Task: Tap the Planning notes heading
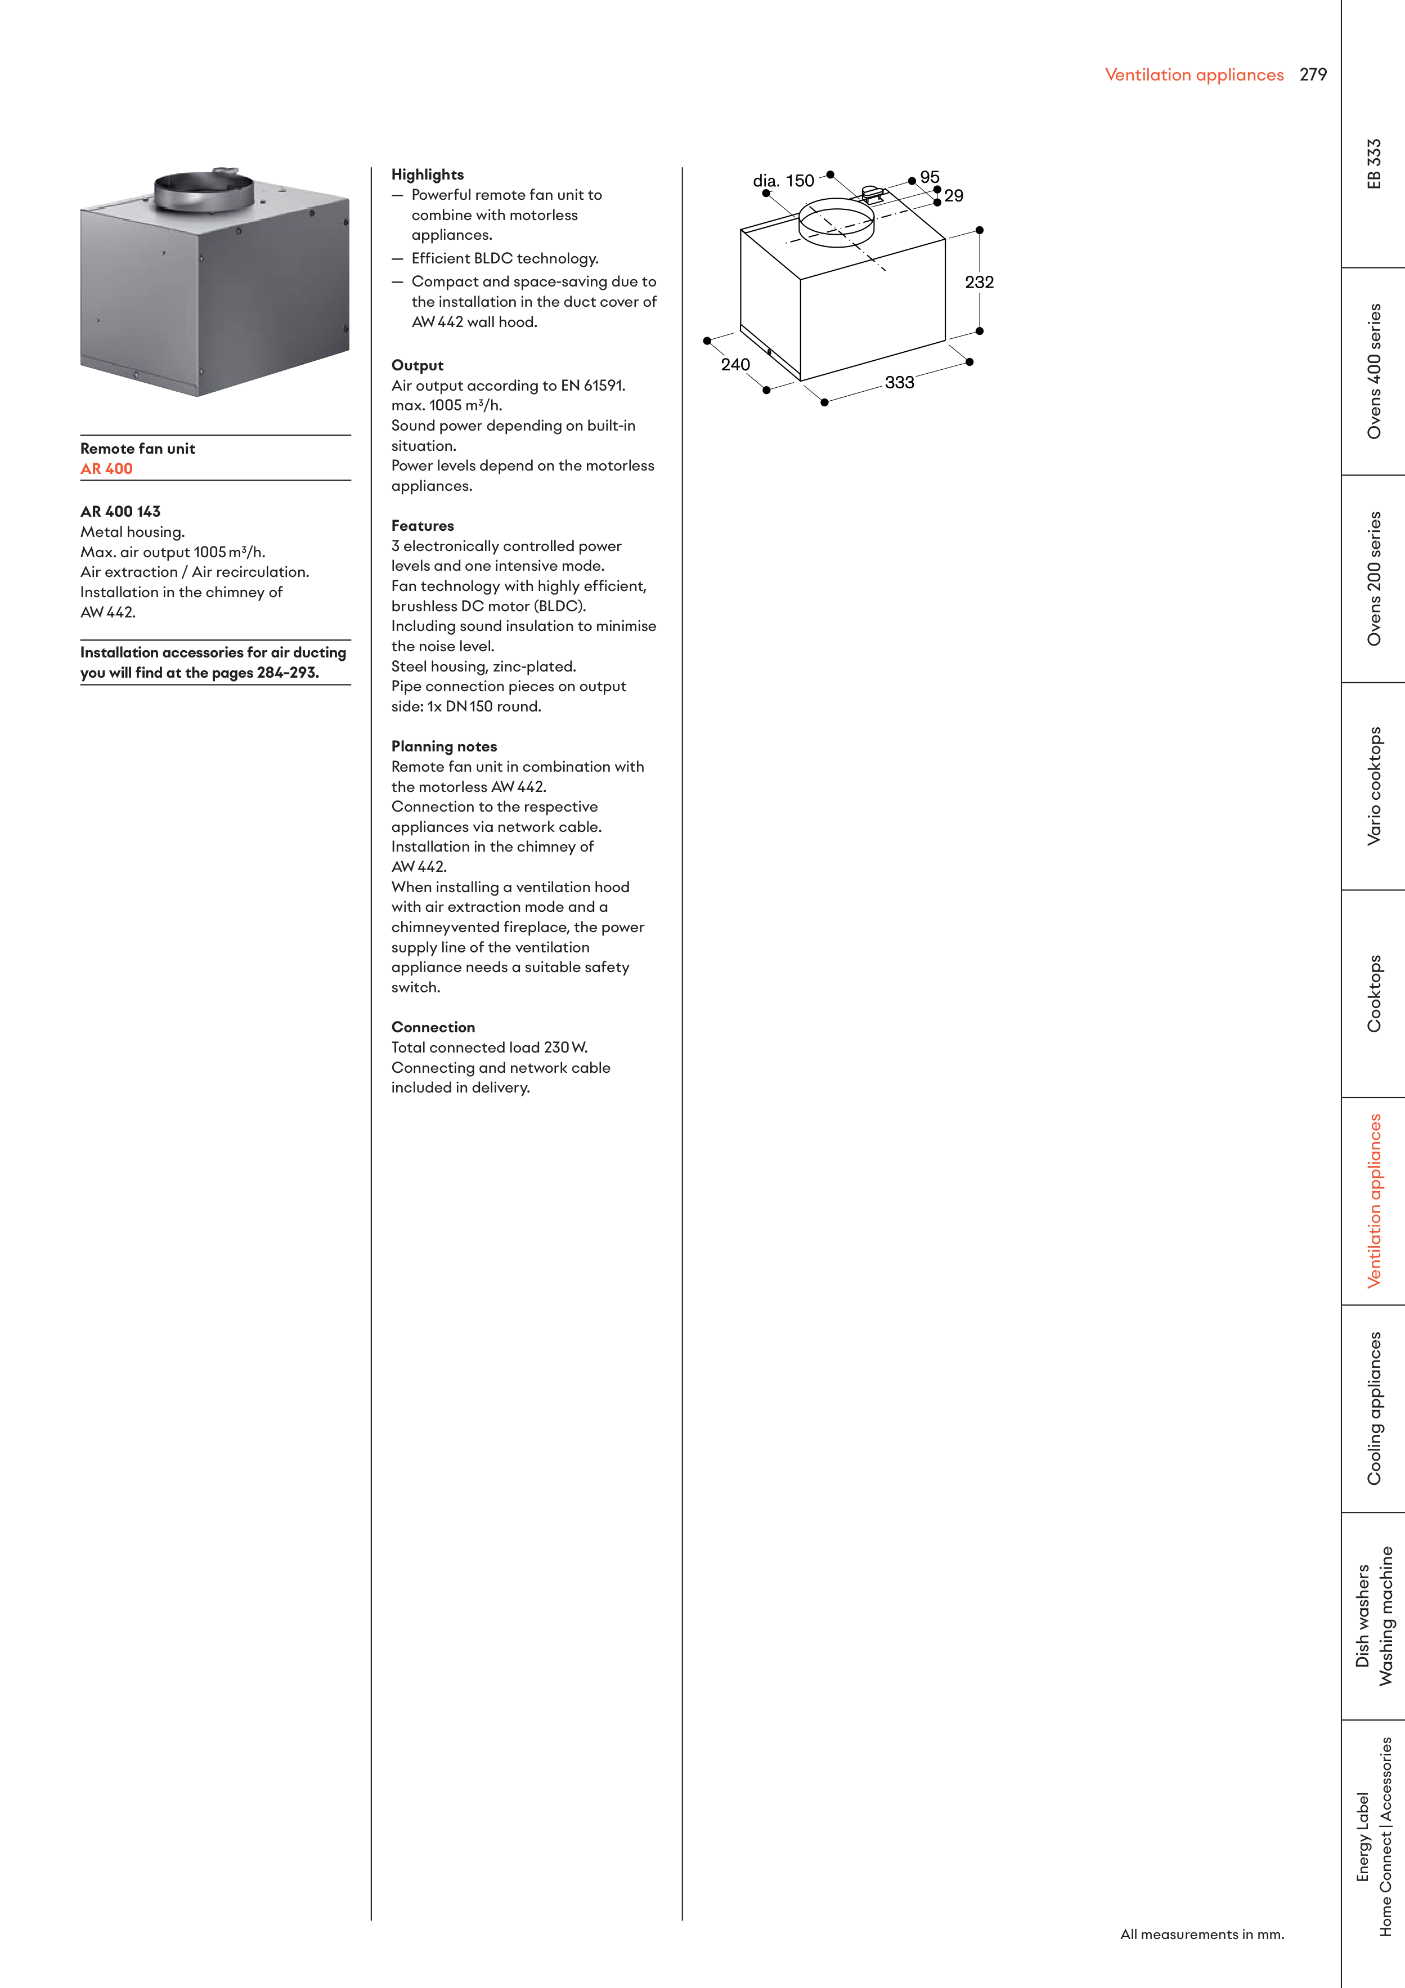click(444, 746)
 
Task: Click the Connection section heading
click(433, 1027)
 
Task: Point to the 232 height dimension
click(979, 282)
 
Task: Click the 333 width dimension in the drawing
click(900, 383)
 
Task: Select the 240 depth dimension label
click(735, 365)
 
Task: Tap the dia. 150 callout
click(783, 181)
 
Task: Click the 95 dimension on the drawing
click(930, 177)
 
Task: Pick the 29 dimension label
click(954, 196)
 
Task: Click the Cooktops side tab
click(1374, 993)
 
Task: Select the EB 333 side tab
click(1374, 164)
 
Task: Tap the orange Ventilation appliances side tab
click(1374, 1201)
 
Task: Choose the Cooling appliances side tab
click(1374, 1409)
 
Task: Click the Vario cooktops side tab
click(1374, 786)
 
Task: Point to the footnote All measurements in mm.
click(1201, 1935)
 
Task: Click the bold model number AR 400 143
click(120, 512)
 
